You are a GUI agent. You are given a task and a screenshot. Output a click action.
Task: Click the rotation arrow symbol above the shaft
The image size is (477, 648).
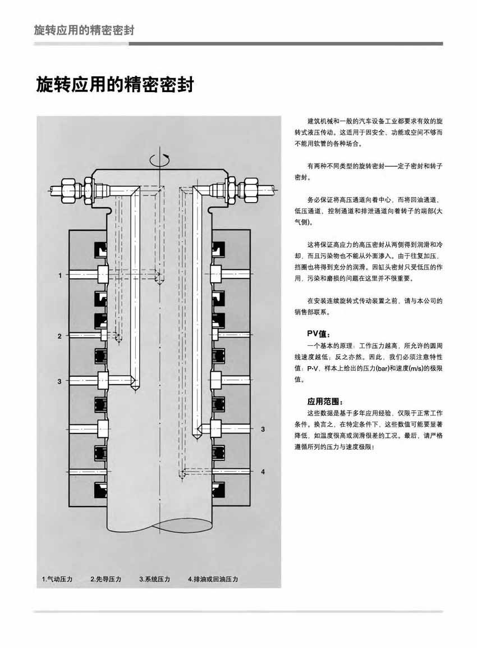point(159,159)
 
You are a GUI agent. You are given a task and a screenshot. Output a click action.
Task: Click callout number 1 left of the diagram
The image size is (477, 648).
point(60,275)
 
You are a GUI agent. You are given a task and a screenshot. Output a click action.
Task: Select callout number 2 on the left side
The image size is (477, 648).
point(59,336)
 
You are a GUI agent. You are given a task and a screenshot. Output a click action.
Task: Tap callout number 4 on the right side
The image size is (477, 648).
point(263,472)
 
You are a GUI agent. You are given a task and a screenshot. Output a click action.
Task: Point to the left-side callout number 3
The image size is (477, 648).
point(59,381)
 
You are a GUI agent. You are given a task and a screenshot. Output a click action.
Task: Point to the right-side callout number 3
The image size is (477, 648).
point(263,430)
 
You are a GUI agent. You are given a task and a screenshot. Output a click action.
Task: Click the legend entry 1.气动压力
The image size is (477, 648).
point(57,579)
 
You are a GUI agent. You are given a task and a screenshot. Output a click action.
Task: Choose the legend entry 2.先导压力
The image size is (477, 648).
point(106,579)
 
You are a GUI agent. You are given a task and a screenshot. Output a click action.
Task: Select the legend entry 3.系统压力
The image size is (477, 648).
point(154,579)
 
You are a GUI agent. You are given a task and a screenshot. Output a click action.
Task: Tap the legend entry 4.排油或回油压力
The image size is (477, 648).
point(213,579)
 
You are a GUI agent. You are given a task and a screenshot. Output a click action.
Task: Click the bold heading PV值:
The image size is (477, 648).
point(318,334)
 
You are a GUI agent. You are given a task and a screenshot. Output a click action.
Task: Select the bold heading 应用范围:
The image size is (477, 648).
point(325,401)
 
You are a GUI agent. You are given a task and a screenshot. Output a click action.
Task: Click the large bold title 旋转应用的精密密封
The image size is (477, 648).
point(115,84)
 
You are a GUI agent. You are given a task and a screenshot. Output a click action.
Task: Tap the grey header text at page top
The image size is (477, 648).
point(84,30)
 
